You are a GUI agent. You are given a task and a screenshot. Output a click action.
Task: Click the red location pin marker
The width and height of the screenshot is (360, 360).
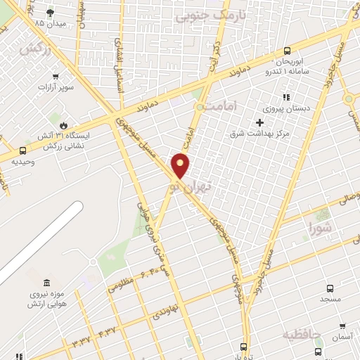tap(181, 165)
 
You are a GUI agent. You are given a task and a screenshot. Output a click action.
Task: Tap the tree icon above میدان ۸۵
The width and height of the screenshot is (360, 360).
tap(50, 13)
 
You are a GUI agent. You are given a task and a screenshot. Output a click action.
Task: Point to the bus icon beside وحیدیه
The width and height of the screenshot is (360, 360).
tap(22, 150)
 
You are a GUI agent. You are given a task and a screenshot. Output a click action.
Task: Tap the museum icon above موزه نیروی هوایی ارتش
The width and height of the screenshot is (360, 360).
tap(46, 282)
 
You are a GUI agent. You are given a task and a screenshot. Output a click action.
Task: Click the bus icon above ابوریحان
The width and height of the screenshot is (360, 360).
tap(287, 51)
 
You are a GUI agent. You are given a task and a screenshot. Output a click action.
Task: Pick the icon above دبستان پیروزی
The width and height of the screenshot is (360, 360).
tap(285, 97)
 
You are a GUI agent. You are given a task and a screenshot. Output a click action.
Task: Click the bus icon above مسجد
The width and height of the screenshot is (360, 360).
tap(330, 288)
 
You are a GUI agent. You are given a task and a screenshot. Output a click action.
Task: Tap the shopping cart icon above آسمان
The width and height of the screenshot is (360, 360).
tap(342, 326)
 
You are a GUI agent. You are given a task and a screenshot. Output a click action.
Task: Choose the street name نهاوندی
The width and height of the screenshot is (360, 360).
tap(169, 307)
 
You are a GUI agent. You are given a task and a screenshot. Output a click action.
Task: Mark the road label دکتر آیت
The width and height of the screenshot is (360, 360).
tap(213, 58)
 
